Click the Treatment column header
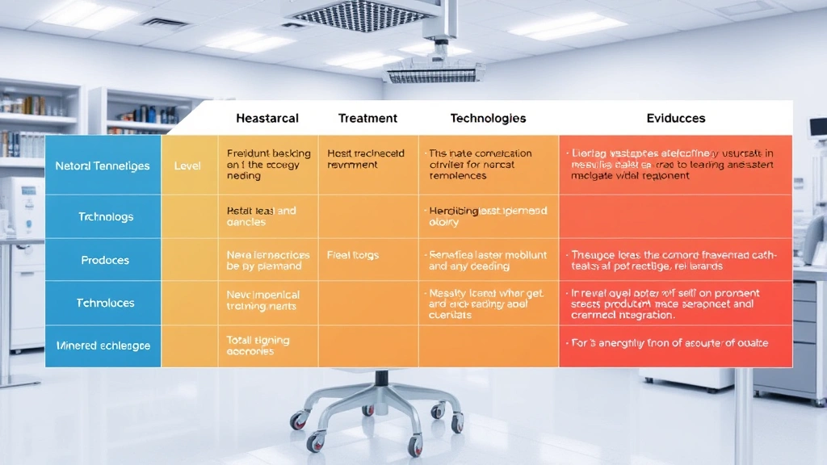pyautogui.click(x=367, y=118)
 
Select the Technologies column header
pyautogui.click(x=488, y=118)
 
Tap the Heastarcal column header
pyautogui.click(x=267, y=118)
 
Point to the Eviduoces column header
pyautogui.click(x=676, y=118)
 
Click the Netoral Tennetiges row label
pyautogui.click(x=103, y=165)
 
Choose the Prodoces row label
pyautogui.click(x=105, y=260)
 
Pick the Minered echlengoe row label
pyautogui.click(x=103, y=346)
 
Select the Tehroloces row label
pyautogui.click(x=105, y=303)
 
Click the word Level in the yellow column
pyautogui.click(x=187, y=165)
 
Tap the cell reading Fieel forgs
pyautogui.click(x=353, y=255)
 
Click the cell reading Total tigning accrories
pyautogui.click(x=258, y=346)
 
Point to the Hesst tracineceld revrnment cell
pyautogui.click(x=367, y=158)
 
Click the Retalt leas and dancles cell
pyautogui.click(x=262, y=216)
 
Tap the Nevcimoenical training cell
pyautogui.click(x=263, y=300)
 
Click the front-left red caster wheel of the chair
pyautogui.click(x=300, y=420)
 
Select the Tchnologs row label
pyautogui.click(x=106, y=216)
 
